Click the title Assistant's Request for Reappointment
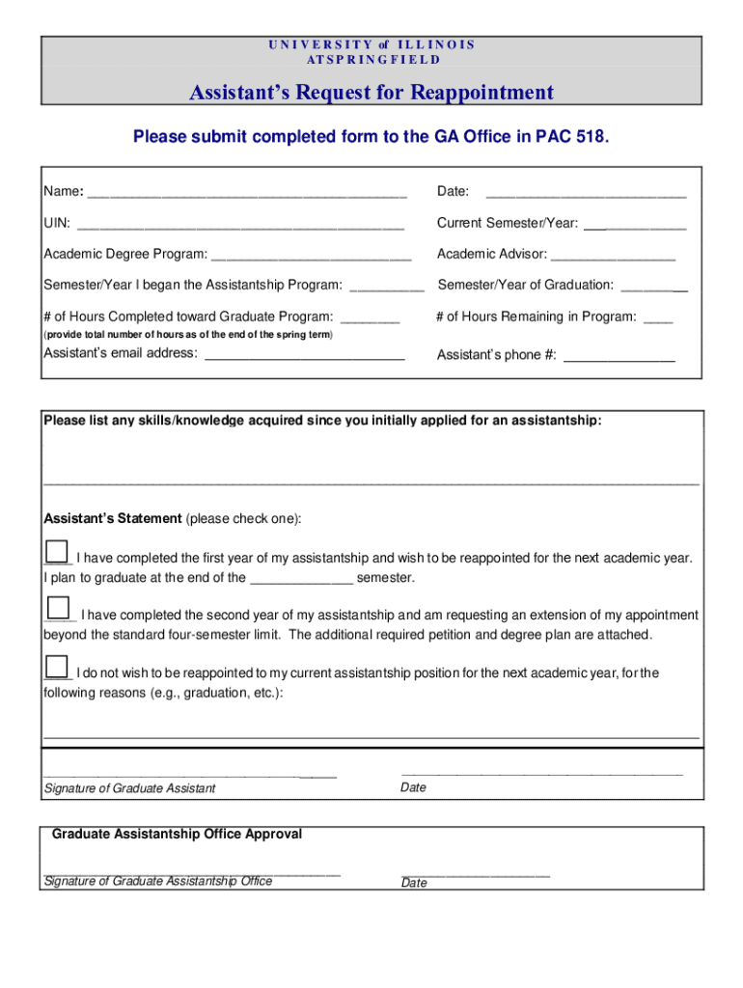pyautogui.click(x=371, y=93)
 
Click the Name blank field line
pyautogui.click(x=247, y=193)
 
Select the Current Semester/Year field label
pyautogui.click(x=508, y=223)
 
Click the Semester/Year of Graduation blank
pyautogui.click(x=653, y=286)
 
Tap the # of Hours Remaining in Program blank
pyautogui.click(x=657, y=317)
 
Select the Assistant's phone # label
pyautogui.click(x=496, y=355)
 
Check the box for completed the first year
pyautogui.click(x=57, y=551)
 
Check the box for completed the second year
pyautogui.click(x=58, y=608)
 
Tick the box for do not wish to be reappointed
pyautogui.click(x=57, y=666)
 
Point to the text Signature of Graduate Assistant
pyautogui.click(x=129, y=789)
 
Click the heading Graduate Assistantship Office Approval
pyautogui.click(x=177, y=834)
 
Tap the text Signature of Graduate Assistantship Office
pyautogui.click(x=158, y=881)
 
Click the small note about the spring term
pyautogui.click(x=189, y=335)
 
